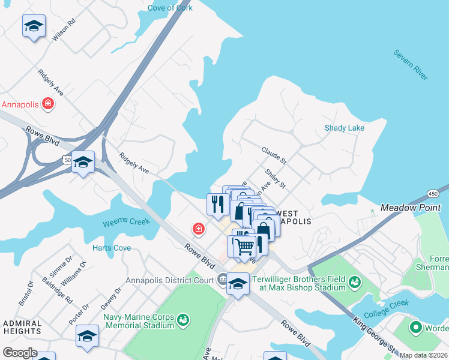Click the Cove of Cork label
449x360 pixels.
pos(170,8)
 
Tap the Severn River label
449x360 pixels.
pos(411,65)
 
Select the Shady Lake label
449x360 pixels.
pos(345,128)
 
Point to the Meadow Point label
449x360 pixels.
pos(411,208)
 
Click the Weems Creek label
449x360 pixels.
pos(125,222)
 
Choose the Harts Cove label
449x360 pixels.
pos(112,247)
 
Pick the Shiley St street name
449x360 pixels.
pos(275,178)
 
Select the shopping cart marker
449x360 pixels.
pos(244,245)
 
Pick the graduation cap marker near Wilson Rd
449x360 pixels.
pos(34,26)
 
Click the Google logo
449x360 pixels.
pos(20,353)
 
